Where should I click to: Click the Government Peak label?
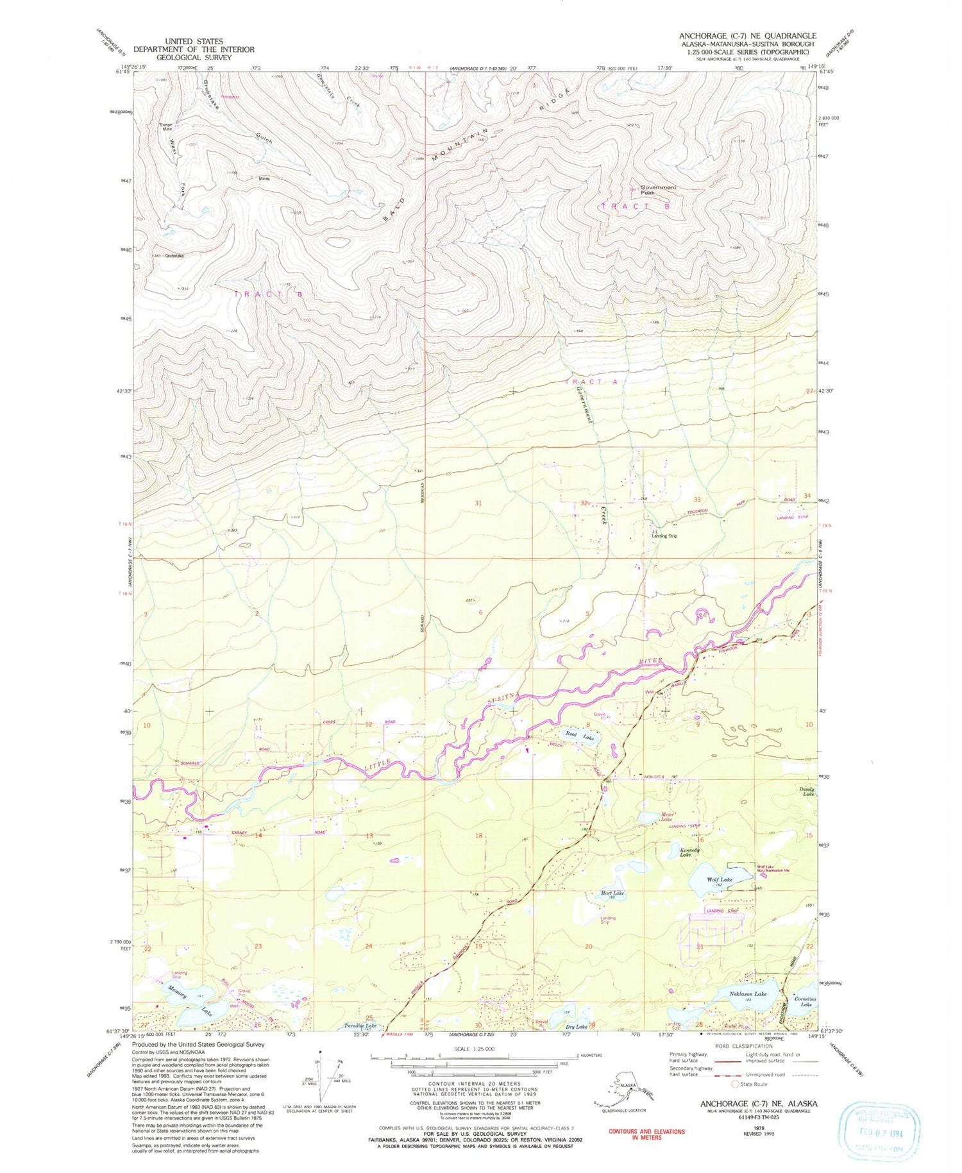click(x=658, y=190)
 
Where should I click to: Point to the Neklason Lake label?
click(x=748, y=994)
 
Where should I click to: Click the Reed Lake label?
click(x=579, y=736)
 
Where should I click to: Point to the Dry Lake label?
click(x=577, y=1027)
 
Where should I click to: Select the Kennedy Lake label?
click(x=689, y=852)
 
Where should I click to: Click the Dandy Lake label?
click(x=807, y=791)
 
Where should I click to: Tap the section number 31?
click(x=478, y=503)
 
